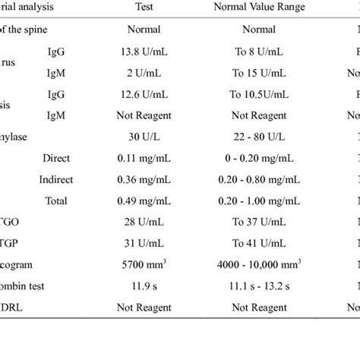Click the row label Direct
57,159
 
